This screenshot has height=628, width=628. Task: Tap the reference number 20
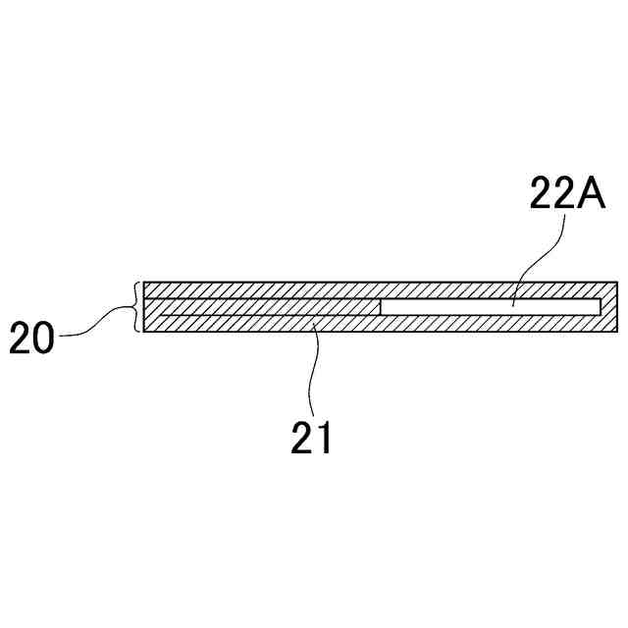pyautogui.click(x=34, y=339)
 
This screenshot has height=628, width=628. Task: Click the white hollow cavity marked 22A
pyautogui.click(x=491, y=307)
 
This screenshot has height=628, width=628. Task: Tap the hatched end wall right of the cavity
pyautogui.click(x=609, y=307)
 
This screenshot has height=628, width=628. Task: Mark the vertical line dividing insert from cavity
pyautogui.click(x=381, y=307)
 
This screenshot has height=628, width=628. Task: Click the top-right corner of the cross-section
pyautogui.click(x=619, y=283)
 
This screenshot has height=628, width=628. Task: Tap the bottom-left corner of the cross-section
pyautogui.click(x=143, y=332)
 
